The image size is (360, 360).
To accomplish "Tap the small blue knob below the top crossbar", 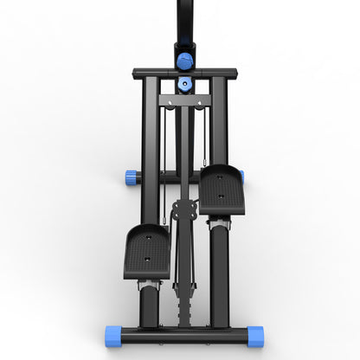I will [x=183, y=85].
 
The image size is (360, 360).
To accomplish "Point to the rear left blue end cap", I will [x=132, y=177].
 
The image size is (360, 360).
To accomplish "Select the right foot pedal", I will [x=222, y=189].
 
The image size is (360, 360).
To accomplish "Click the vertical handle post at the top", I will [x=183, y=22].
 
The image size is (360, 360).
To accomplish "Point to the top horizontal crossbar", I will [x=183, y=73].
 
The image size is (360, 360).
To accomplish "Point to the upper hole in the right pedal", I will [x=219, y=177].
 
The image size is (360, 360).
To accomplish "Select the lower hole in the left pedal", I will [x=146, y=257].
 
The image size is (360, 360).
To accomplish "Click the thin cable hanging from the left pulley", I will [x=164, y=164].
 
